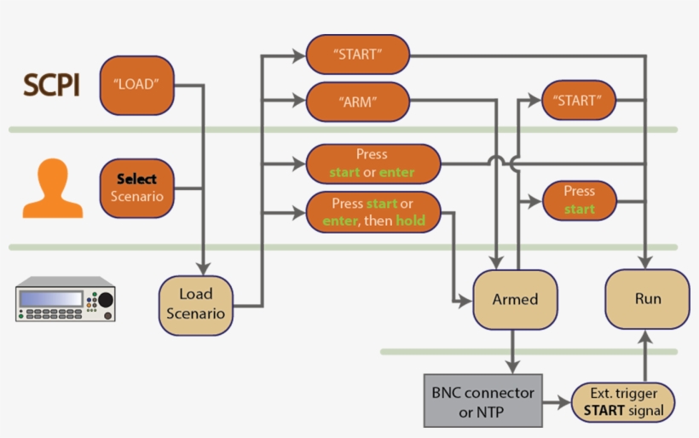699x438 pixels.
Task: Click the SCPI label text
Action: click(51, 85)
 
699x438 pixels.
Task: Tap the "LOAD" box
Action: click(136, 85)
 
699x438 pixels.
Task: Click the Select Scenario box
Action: click(136, 187)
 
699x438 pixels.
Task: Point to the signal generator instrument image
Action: click(65, 299)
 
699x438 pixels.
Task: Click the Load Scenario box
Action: click(195, 304)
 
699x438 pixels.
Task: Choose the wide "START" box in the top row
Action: click(357, 54)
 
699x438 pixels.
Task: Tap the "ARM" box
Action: click(357, 101)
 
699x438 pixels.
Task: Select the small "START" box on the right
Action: click(578, 101)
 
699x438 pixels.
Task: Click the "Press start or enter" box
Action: click(373, 164)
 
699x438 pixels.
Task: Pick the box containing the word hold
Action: click(373, 212)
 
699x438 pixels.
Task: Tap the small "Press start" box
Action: click(579, 200)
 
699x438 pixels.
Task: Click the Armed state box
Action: click(515, 300)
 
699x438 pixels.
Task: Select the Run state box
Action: click(647, 299)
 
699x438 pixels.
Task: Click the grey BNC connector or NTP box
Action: click(482, 401)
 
